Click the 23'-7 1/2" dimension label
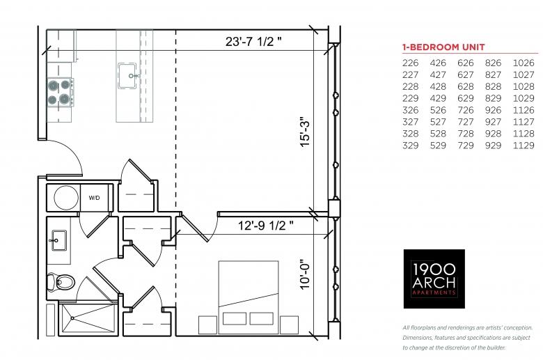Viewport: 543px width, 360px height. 253,42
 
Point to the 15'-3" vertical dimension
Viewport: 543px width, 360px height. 305,134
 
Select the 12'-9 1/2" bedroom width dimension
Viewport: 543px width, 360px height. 266,226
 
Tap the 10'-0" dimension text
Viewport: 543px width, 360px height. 305,274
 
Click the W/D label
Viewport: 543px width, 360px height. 94,198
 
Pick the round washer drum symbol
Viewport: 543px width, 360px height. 66,198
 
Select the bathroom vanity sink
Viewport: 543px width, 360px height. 58,240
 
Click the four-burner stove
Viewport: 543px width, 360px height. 61,92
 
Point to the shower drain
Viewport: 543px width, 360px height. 72,318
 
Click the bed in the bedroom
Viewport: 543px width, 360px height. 249,297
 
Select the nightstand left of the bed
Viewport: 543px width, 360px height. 207,325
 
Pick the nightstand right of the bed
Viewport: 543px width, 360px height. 289,325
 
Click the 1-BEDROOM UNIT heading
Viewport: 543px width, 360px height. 443,47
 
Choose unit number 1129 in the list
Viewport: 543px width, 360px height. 524,146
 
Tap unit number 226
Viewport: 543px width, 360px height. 410,63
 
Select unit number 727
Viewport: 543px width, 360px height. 466,122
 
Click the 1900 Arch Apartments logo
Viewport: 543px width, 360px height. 434,279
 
